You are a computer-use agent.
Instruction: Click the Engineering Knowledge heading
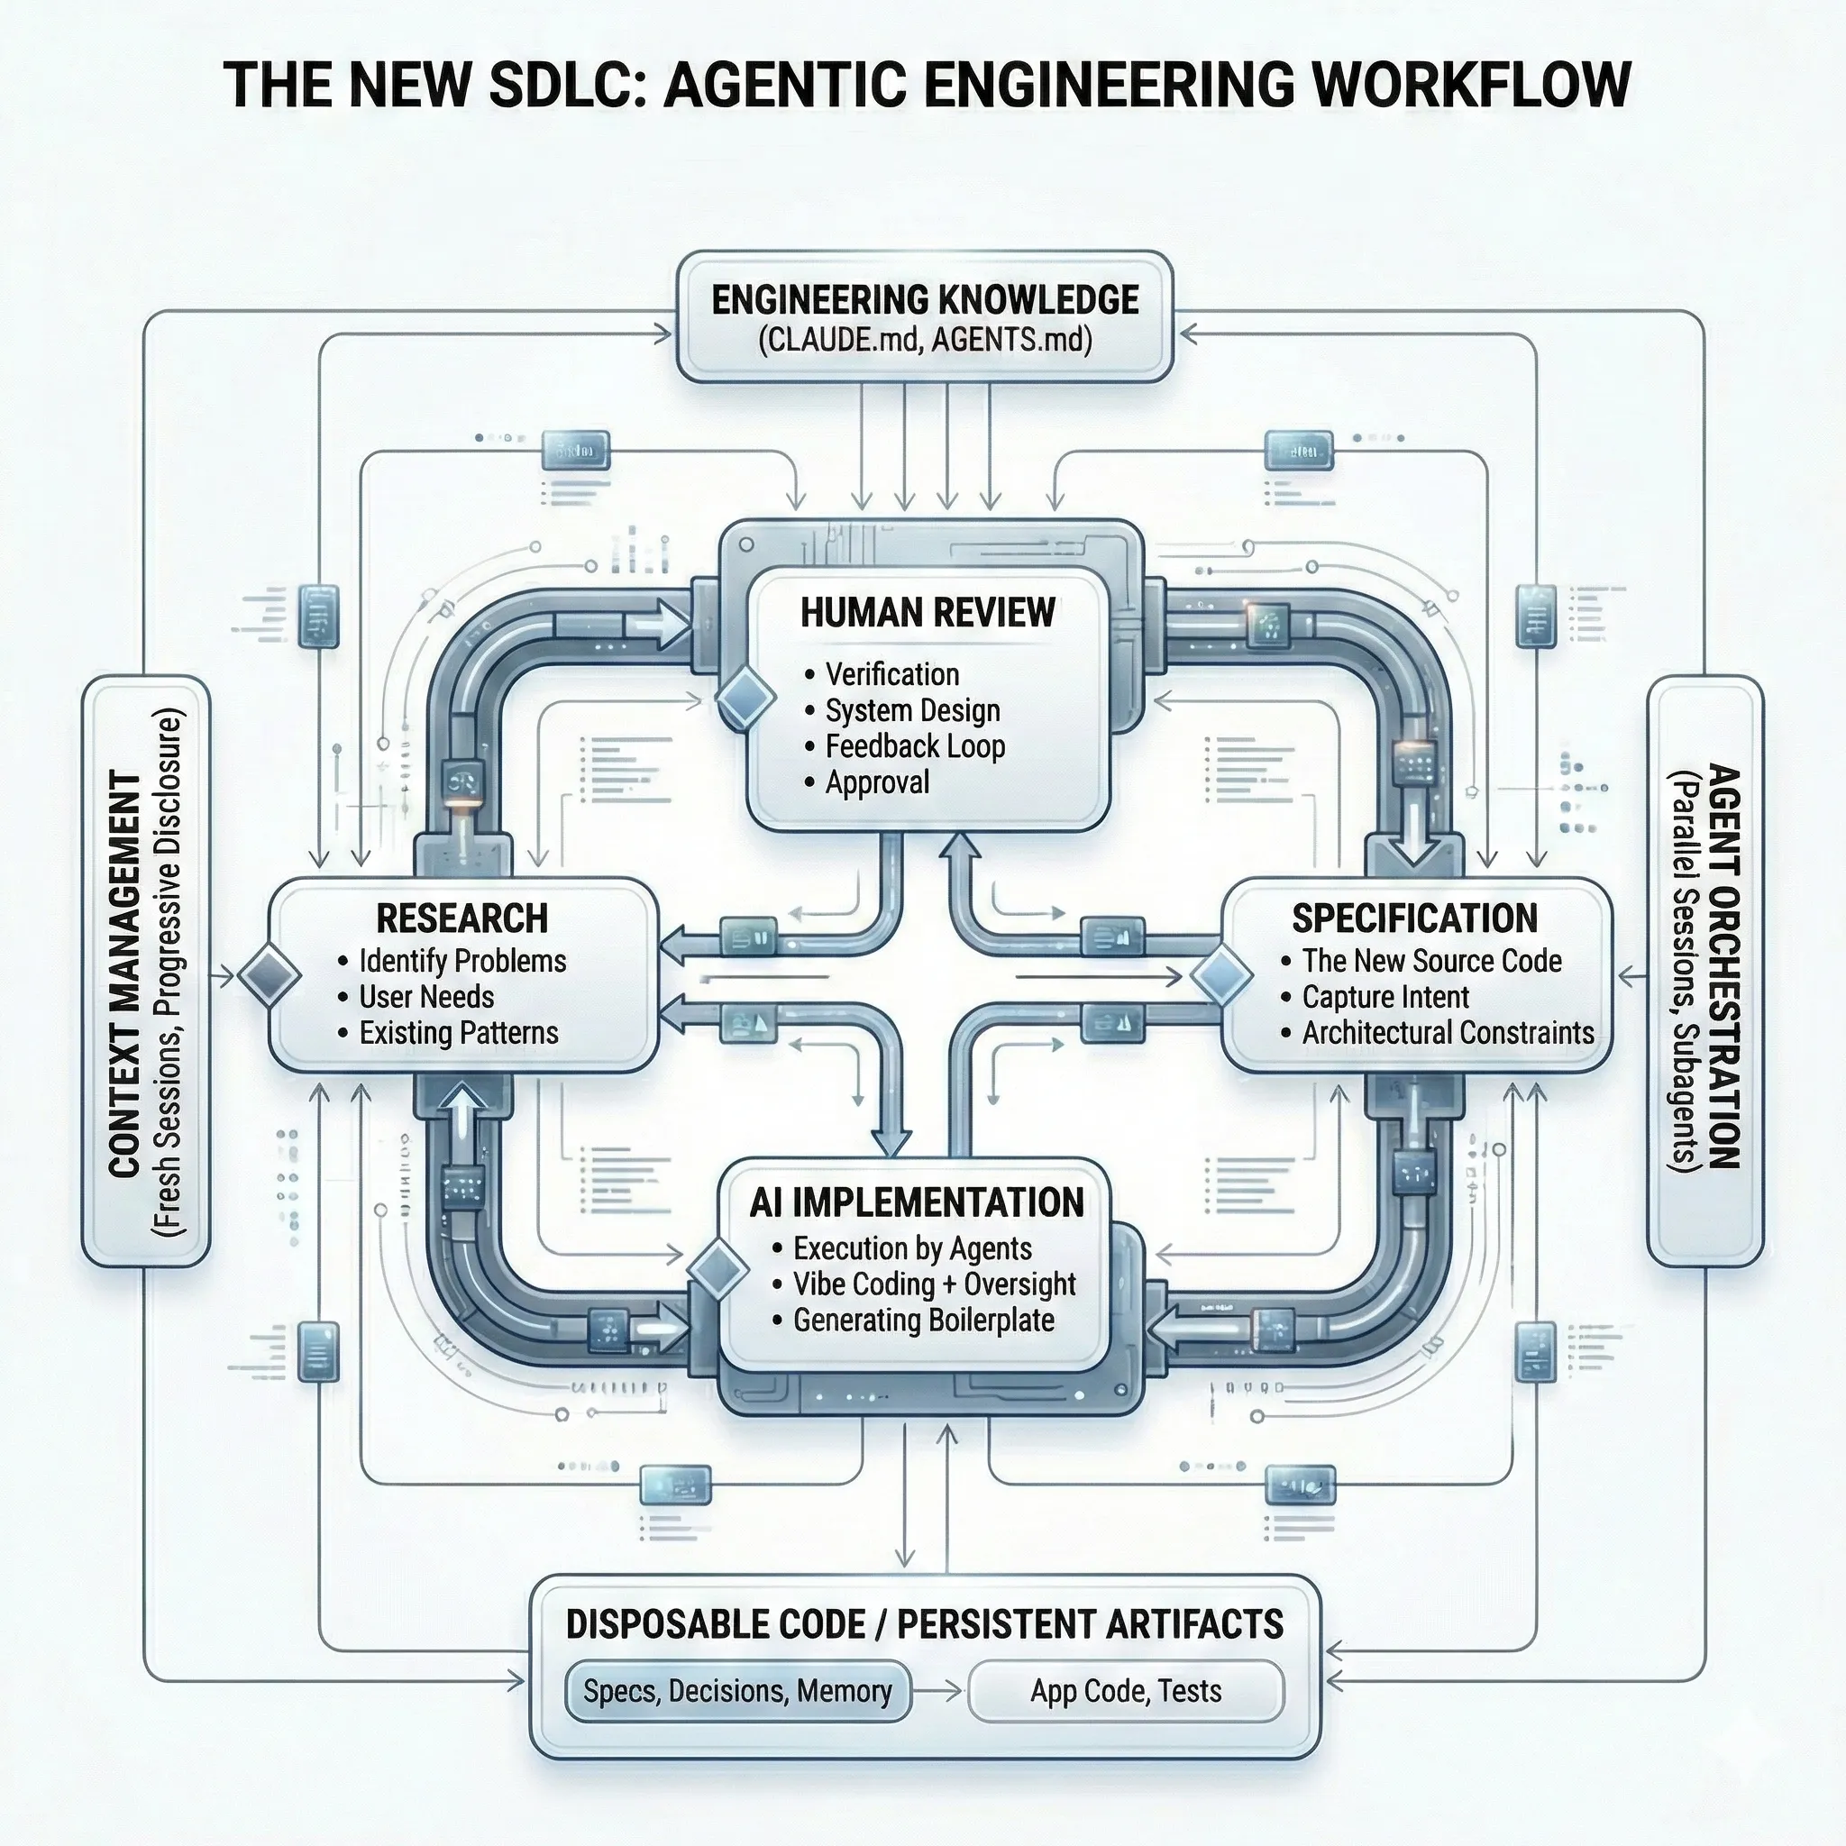click(924, 300)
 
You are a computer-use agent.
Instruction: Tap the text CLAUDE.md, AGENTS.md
click(924, 340)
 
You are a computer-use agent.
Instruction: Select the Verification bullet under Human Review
click(891, 674)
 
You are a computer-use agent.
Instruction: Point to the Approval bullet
click(876, 782)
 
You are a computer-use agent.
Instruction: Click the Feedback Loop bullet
click(914, 746)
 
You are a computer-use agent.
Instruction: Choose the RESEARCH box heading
click(462, 918)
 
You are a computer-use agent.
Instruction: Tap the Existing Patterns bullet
click(458, 1033)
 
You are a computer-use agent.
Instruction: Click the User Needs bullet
click(426, 997)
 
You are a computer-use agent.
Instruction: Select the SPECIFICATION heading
click(1415, 918)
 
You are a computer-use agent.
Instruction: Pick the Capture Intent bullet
click(1384, 997)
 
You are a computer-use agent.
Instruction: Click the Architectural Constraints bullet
click(1447, 1033)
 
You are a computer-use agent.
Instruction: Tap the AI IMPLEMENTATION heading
click(917, 1203)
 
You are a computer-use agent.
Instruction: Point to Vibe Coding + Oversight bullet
click(934, 1284)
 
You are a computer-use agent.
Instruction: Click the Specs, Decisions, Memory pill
click(736, 1691)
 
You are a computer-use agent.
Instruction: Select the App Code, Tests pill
click(1126, 1691)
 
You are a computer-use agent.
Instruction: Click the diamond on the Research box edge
click(269, 975)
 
